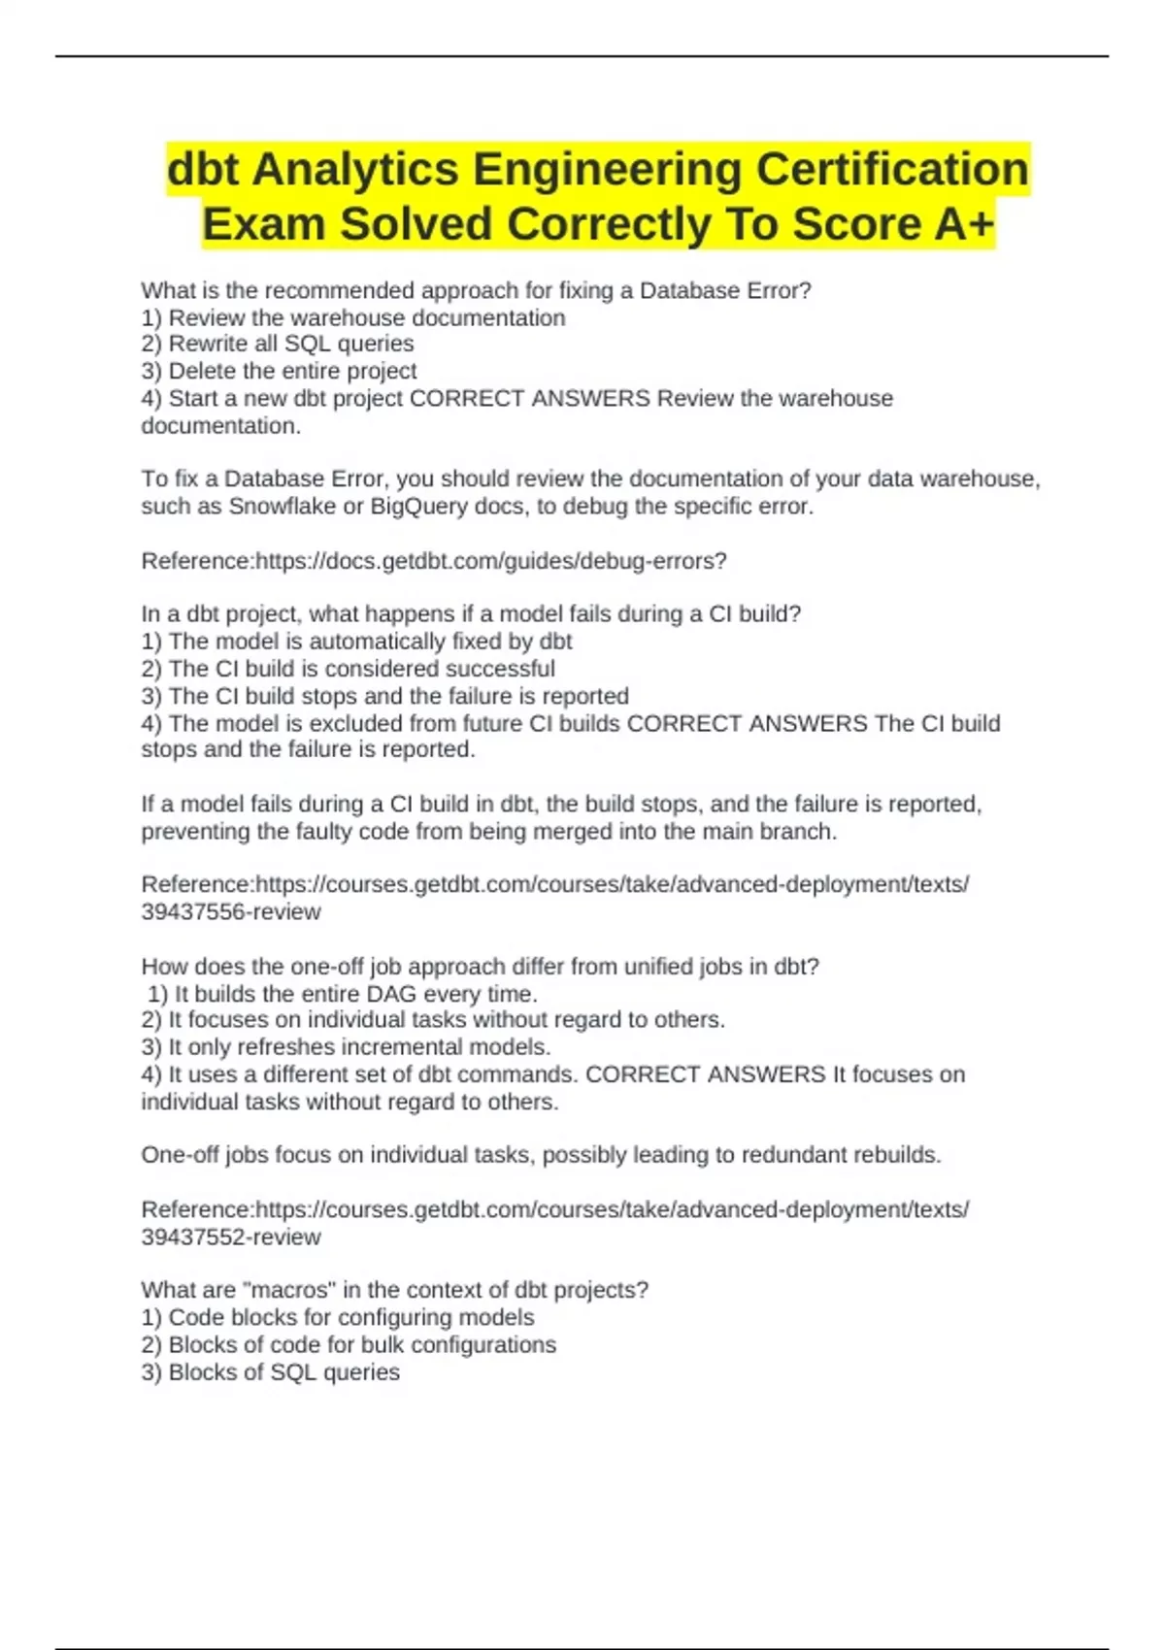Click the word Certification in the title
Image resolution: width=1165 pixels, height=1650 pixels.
[x=891, y=169]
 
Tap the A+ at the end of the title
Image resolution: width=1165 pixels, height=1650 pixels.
[x=964, y=224]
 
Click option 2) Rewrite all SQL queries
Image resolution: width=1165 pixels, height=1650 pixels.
[x=278, y=344]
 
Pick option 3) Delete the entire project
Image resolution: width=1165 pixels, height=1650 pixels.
[x=279, y=371]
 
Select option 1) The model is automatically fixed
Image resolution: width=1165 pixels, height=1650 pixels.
[x=356, y=642]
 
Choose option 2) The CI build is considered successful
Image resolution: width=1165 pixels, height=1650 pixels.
[x=348, y=669]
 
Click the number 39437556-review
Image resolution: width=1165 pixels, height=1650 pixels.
[x=231, y=912]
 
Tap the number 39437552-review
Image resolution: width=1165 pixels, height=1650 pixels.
[x=231, y=1237]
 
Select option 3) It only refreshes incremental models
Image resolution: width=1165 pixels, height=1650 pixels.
[x=346, y=1047]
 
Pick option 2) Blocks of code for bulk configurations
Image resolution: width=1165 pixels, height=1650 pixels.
[x=349, y=1345]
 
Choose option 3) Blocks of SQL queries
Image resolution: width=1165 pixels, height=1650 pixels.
[x=270, y=1372]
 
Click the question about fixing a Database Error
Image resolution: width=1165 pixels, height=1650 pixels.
[x=476, y=290]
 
